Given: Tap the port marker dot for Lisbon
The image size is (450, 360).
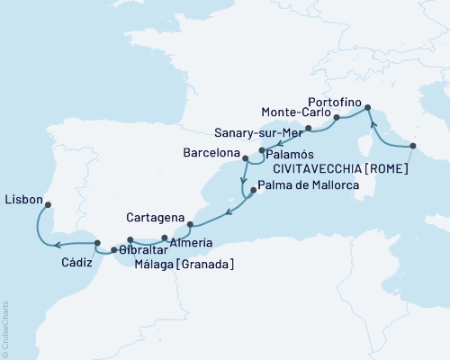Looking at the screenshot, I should pyautogui.click(x=49, y=203).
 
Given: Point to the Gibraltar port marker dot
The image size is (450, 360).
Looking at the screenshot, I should pyautogui.click(x=113, y=249).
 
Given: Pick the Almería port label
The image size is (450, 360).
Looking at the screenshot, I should pyautogui.click(x=191, y=243).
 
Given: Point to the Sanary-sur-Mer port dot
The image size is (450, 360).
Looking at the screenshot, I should pyautogui.click(x=309, y=129).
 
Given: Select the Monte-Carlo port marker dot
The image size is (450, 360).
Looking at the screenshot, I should pyautogui.click(x=337, y=117).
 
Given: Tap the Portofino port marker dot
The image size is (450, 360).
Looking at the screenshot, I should pyautogui.click(x=367, y=109).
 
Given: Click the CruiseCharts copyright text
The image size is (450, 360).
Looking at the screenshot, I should pyautogui.click(x=5, y=328).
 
